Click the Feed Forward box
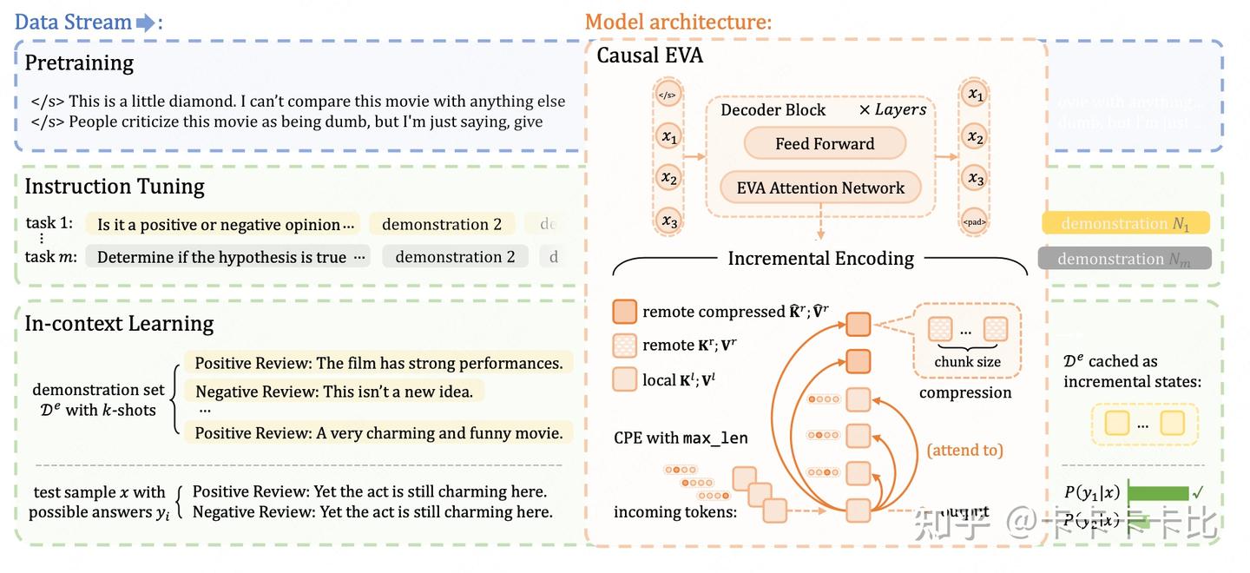pos(825,144)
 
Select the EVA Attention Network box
pos(820,188)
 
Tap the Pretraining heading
pos(79,63)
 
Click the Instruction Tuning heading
pos(115,186)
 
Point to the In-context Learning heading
pos(119,323)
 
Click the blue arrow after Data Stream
pos(145,23)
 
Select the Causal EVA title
pos(649,56)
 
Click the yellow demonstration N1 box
pos(1125,224)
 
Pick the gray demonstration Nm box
pos(1124,259)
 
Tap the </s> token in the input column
pos(667,95)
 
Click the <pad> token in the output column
pos(975,221)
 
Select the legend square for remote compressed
pos(624,311)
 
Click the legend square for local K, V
pos(624,379)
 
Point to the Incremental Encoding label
pos(820,258)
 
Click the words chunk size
pos(967,362)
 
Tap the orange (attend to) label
pos(964,450)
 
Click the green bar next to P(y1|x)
pos(1158,492)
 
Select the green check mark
pos(1198,492)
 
